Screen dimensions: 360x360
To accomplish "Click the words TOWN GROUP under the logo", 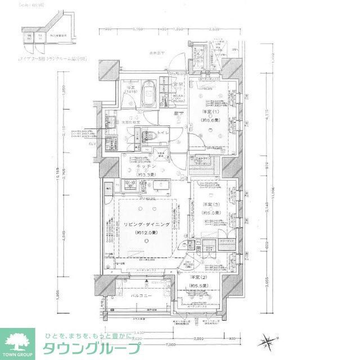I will (18, 355).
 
